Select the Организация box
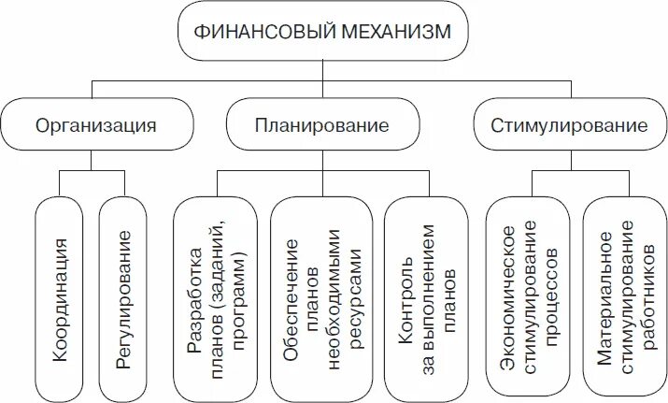coord(96,124)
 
